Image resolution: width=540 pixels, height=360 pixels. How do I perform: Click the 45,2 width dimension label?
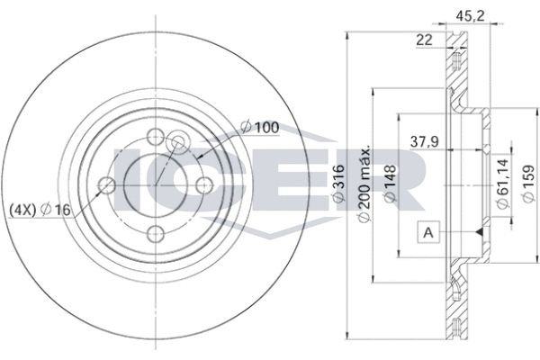click(x=470, y=16)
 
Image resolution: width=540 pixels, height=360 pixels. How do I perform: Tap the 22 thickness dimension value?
click(x=424, y=40)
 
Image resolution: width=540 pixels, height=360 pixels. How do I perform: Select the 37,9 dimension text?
click(x=425, y=141)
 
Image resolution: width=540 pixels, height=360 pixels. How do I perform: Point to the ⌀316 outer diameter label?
click(x=338, y=183)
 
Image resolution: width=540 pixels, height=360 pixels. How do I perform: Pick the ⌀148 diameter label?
click(x=390, y=183)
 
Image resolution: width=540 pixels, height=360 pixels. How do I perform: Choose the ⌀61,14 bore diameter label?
click(x=502, y=184)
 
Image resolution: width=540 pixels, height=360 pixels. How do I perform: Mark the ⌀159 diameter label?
click(x=528, y=184)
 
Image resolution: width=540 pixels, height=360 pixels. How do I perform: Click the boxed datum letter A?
click(x=428, y=232)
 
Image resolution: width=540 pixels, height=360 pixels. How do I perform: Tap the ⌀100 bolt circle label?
click(x=260, y=128)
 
